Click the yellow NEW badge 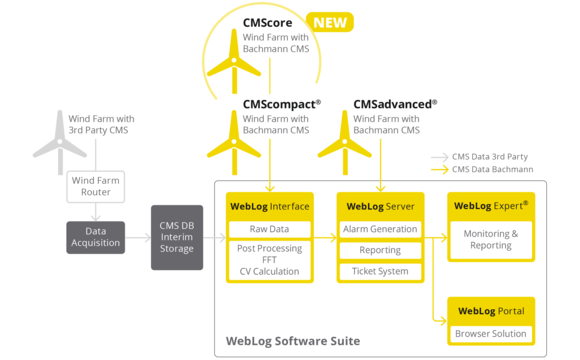(x=329, y=22)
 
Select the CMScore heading (x=272, y=22)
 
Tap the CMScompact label (x=281, y=103)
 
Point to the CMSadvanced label (x=395, y=103)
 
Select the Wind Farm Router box (x=96, y=186)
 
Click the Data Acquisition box (x=96, y=237)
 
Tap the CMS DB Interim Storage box (x=177, y=237)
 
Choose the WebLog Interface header (x=270, y=206)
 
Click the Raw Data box (x=270, y=229)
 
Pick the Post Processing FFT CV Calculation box (x=270, y=260)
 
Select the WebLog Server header (x=380, y=206)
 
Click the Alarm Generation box (x=380, y=229)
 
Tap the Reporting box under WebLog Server (x=380, y=250)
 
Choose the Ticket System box (x=380, y=271)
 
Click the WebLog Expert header (x=491, y=206)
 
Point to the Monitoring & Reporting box (x=491, y=239)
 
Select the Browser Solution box (x=491, y=333)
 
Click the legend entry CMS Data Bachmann (x=492, y=169)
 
